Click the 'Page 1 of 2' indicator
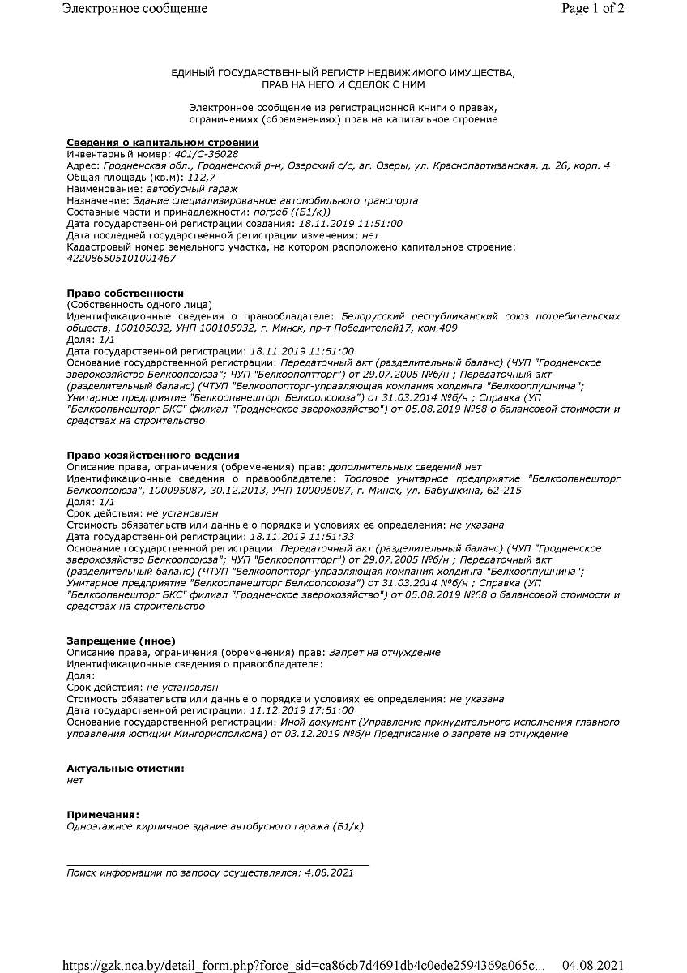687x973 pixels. coord(593,9)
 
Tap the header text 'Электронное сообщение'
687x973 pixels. coord(134,9)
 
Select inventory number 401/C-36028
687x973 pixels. coord(207,154)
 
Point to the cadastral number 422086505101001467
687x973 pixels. coord(121,258)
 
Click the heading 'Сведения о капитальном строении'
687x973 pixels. coord(162,143)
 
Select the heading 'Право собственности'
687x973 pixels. coord(125,293)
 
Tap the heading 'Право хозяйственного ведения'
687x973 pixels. coord(152,455)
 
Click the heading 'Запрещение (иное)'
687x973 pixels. coord(121,641)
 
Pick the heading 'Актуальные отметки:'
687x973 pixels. coord(125,768)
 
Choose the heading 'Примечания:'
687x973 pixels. coord(103,814)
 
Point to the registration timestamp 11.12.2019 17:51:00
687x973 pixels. coord(302,710)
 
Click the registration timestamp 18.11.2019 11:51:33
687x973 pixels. coord(302,537)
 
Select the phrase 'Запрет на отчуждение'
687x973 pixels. coord(385,653)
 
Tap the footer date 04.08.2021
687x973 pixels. coord(594,965)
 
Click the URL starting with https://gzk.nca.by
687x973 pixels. coord(303,965)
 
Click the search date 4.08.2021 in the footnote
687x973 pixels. coord(327,872)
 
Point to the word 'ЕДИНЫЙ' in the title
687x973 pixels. coord(194,73)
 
